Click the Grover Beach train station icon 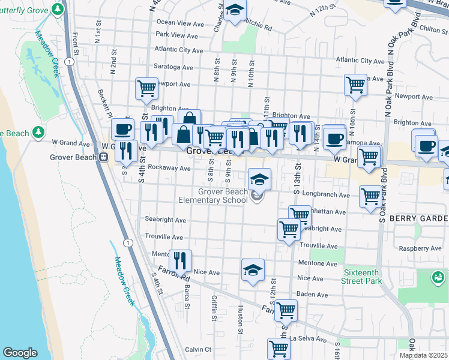point(103,158)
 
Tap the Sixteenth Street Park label point(363,277)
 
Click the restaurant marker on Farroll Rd point(179,260)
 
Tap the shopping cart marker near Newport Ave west point(146,88)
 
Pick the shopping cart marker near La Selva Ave point(278,348)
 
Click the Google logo point(20,353)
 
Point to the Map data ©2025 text point(424,355)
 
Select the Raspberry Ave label point(420,248)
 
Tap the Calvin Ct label point(198,349)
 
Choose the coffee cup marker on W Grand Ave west point(122,128)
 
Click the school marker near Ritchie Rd point(235,10)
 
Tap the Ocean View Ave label point(181,23)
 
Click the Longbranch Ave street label point(328,195)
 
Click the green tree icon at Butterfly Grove point(58,9)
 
